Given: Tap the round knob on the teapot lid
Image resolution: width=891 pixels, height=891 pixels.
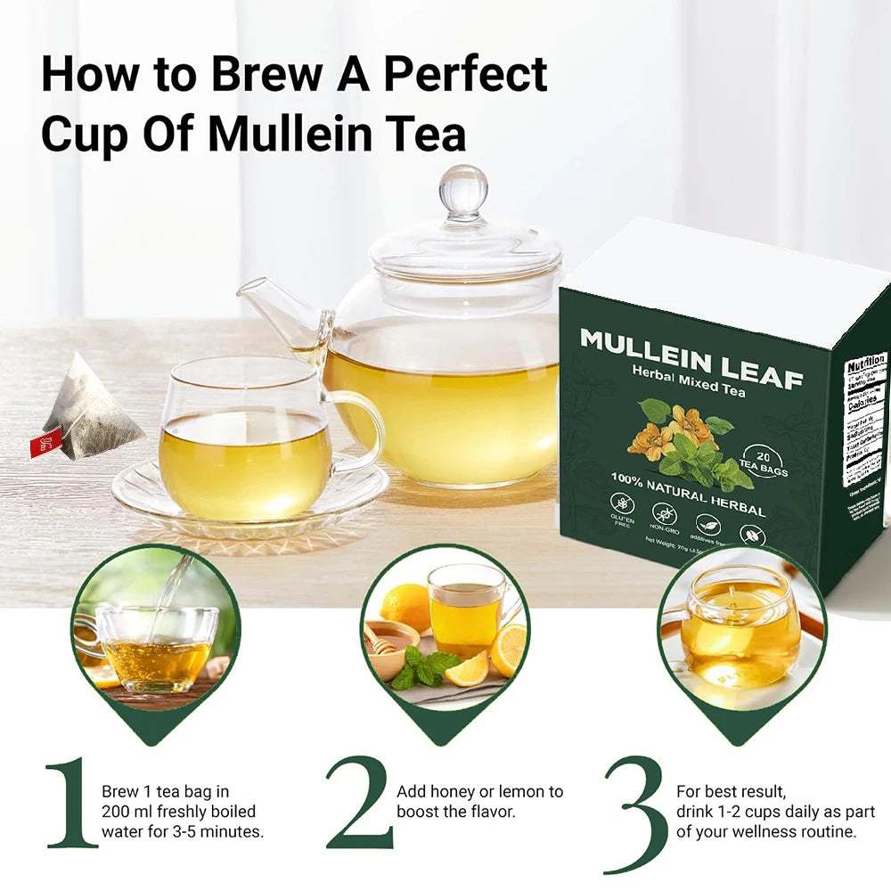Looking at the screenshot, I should click(463, 190).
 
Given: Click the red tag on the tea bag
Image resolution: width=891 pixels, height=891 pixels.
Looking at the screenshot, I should click(45, 442).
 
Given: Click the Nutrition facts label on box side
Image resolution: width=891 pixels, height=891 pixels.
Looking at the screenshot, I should click(865, 419).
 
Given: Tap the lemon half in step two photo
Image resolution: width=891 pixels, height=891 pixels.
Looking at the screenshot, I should click(509, 650).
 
